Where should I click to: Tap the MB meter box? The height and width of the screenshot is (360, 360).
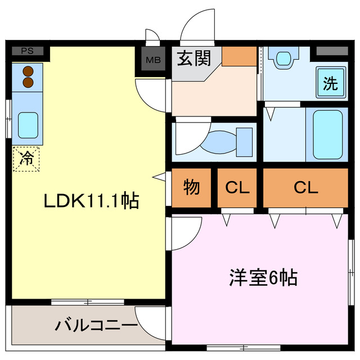(x=152, y=58)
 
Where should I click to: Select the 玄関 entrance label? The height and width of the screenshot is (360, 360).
(x=194, y=58)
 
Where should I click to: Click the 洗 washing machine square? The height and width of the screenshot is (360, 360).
(x=330, y=84)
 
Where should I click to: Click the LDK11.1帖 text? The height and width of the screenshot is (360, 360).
(x=92, y=201)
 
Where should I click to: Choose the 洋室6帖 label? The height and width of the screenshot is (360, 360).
(x=263, y=277)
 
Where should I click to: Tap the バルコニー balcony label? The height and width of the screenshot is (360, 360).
(x=97, y=325)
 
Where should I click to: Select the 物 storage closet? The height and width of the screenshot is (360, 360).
(x=192, y=187)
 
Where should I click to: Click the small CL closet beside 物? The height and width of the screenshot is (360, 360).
(x=237, y=187)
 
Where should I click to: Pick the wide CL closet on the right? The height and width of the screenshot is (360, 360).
(x=305, y=187)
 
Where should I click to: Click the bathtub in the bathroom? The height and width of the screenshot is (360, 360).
(x=327, y=135)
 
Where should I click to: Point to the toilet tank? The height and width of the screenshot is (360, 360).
(x=245, y=142)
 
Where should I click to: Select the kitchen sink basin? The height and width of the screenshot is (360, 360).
(x=27, y=125)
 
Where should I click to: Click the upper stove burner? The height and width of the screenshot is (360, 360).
(x=26, y=71)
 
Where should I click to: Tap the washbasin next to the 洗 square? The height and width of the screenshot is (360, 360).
(x=283, y=57)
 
